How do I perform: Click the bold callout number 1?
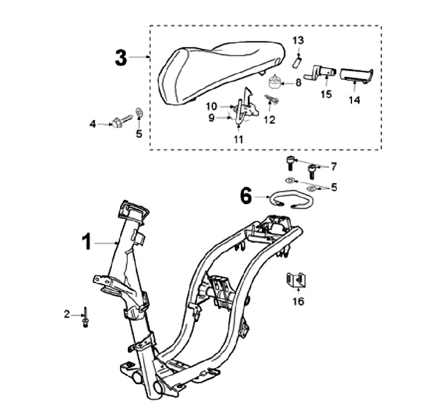coord(87,242)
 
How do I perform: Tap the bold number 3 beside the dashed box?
coord(121,58)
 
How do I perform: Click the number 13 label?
coord(299,40)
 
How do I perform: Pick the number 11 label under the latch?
coord(238,139)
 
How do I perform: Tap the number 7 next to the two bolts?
coord(333,165)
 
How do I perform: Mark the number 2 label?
coord(67,314)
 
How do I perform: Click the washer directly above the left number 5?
coord(138,111)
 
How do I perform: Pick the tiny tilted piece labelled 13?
coord(299,60)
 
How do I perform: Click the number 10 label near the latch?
coord(212,106)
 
